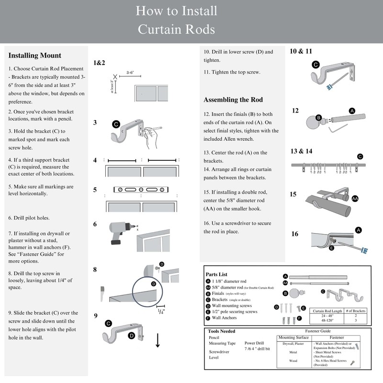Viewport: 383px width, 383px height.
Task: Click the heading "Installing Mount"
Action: click(x=35, y=56)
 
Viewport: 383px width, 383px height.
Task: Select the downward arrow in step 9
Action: click(x=158, y=341)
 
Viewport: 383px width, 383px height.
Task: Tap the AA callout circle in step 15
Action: click(x=355, y=198)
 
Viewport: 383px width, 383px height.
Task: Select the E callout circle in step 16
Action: click(x=331, y=248)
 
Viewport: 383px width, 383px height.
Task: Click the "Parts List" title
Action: click(x=216, y=274)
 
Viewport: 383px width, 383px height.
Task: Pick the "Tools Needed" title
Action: click(x=222, y=331)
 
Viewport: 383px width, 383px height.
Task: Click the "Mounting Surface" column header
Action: click(x=293, y=338)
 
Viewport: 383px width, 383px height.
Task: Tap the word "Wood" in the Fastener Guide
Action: click(x=293, y=361)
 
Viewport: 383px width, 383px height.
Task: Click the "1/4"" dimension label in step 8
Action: click(x=162, y=311)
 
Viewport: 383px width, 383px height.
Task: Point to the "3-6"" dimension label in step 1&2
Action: click(x=130, y=73)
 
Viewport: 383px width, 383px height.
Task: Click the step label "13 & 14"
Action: click(x=301, y=151)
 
